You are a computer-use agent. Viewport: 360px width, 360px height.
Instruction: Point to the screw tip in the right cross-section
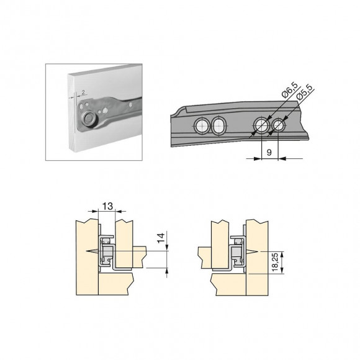click(257, 250)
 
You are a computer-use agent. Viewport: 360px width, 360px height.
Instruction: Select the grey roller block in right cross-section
click(236, 253)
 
